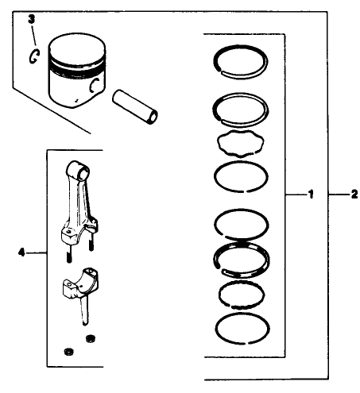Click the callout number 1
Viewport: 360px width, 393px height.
[x=312, y=194]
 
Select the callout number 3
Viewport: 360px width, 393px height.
[x=31, y=17]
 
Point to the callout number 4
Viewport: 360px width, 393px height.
[x=21, y=252]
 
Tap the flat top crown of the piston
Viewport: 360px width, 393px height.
[x=78, y=45]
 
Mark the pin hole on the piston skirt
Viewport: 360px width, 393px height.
[x=95, y=87]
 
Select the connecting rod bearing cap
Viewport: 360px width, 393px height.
[x=80, y=284]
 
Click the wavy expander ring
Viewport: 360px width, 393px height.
[x=240, y=146]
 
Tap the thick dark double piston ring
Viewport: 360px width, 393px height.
[x=241, y=259]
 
